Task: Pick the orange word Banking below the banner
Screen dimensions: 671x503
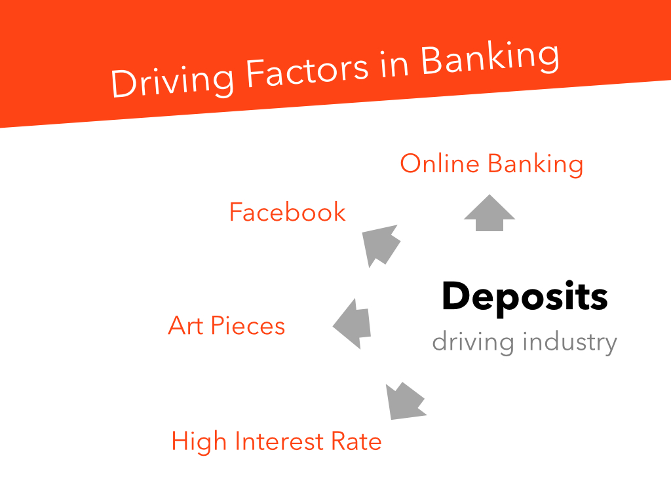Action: click(x=536, y=164)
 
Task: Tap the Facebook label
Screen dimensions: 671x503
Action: click(x=288, y=212)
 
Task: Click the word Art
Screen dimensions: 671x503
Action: click(x=185, y=326)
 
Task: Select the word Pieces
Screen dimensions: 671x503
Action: click(x=248, y=326)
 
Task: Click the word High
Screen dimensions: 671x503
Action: click(x=199, y=442)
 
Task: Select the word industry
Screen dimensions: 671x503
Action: click(x=571, y=342)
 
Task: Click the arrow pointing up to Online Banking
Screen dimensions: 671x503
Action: click(x=489, y=213)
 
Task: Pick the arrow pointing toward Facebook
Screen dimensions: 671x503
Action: click(x=381, y=245)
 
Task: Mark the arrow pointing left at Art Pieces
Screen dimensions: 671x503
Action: click(x=352, y=324)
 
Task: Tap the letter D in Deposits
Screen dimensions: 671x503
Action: click(x=456, y=295)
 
